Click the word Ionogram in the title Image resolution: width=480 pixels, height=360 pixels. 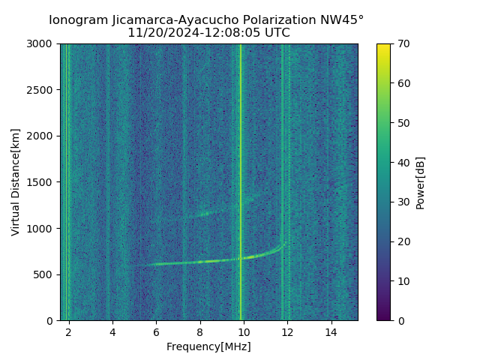[79, 20]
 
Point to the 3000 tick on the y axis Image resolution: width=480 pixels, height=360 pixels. [43, 44]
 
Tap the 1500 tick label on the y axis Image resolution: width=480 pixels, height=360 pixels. [43, 182]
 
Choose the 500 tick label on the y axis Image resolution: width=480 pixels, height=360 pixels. [46, 274]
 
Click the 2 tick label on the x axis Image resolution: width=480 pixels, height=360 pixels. [69, 331]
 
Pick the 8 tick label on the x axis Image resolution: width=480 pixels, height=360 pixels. [200, 331]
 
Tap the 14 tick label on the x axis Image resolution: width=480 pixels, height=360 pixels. [331, 331]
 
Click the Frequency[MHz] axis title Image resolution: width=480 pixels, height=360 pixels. [208, 346]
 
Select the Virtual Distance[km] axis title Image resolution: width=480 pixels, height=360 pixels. [16, 182]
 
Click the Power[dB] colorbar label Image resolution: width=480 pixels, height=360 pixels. [420, 182]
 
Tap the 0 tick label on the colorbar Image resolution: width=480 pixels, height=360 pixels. [399, 320]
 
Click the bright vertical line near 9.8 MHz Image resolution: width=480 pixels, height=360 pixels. [241, 150]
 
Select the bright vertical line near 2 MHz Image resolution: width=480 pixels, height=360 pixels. [67, 150]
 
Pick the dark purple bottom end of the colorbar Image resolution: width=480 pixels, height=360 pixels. [383, 317]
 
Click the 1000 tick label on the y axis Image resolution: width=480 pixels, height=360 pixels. [43, 228]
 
